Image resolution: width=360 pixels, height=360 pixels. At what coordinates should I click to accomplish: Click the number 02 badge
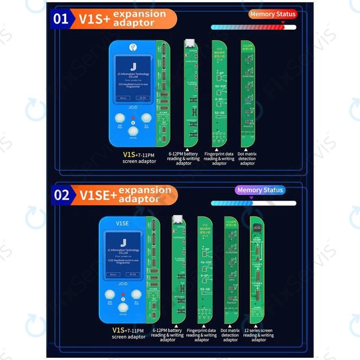(62, 194)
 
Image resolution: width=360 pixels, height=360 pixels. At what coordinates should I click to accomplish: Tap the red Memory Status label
(273, 14)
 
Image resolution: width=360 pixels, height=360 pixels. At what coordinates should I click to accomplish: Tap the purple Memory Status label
(260, 190)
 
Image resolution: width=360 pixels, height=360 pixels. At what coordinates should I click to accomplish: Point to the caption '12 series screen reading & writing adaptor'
(259, 335)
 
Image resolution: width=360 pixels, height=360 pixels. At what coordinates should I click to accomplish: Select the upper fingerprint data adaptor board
(219, 93)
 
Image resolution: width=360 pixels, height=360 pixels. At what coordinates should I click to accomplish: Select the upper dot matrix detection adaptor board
(247, 93)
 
